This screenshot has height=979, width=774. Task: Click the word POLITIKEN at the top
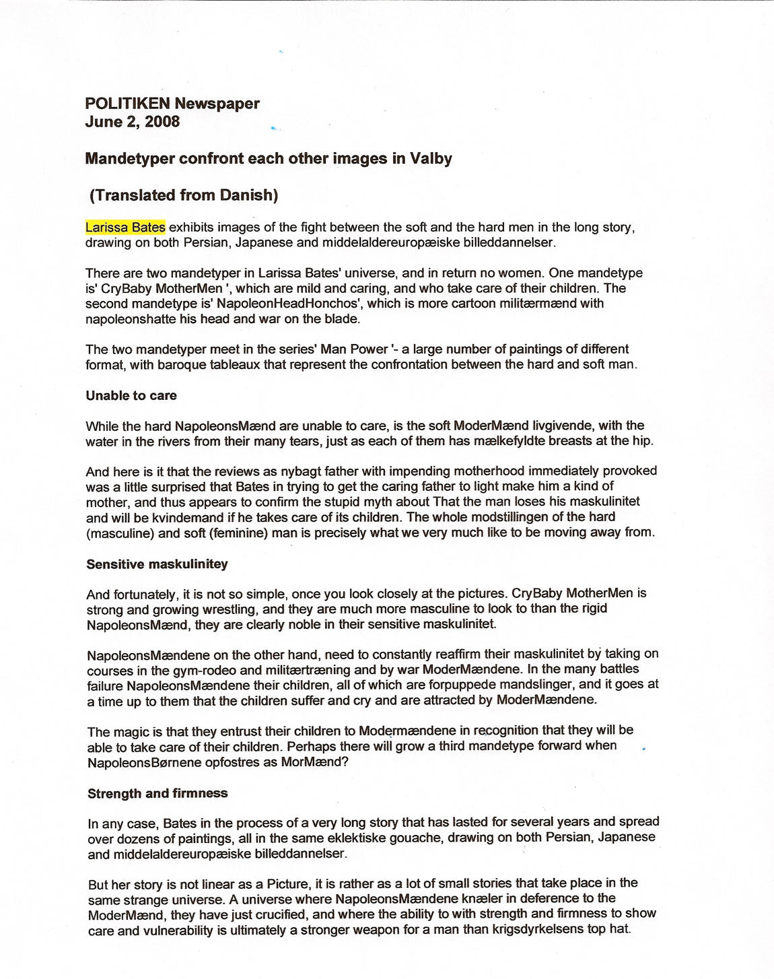pos(127,104)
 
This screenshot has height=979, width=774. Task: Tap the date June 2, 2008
pos(133,122)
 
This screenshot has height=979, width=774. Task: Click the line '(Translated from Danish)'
pos(183,195)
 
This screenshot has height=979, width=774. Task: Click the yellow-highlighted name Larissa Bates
pos(125,227)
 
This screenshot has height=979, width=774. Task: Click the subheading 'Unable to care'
pos(131,396)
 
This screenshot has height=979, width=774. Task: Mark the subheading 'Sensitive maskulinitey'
pos(157,564)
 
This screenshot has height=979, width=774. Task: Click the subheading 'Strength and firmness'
pos(157,794)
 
